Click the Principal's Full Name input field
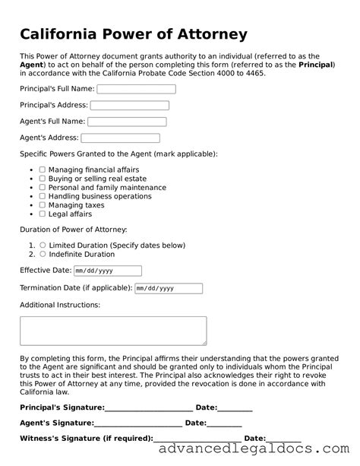pyautogui.click(x=136, y=89)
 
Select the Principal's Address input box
pyautogui.click(x=129, y=106)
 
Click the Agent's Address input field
pyautogui.click(x=120, y=138)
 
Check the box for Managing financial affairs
pyautogui.click(x=43, y=170)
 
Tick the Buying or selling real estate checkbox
pyautogui.click(x=43, y=179)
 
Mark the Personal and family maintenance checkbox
pyautogui.click(x=43, y=188)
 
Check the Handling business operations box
pyautogui.click(x=43, y=196)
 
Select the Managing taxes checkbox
pyautogui.click(x=43, y=205)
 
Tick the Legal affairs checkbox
pyautogui.click(x=43, y=214)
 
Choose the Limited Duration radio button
pyautogui.click(x=43, y=246)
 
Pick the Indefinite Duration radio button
pyautogui.click(x=43, y=255)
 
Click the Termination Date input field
pyautogui.click(x=168, y=288)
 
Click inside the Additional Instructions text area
pyautogui.click(x=112, y=331)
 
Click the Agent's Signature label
pyautogui.click(x=56, y=423)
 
